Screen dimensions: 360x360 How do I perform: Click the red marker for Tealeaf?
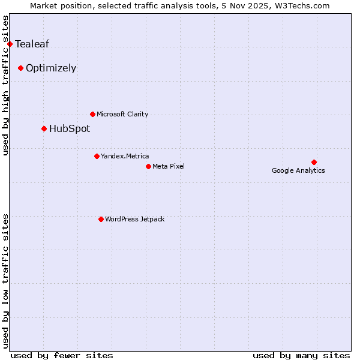pos(10,44)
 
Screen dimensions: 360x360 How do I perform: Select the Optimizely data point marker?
pos(20,68)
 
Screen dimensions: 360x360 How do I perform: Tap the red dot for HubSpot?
pos(44,128)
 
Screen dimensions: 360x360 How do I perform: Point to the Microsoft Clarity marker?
pos(92,114)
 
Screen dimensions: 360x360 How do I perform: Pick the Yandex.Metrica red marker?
pos(97,156)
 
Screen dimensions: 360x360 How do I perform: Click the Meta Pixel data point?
pos(148,166)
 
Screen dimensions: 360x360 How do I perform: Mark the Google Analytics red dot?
pos(314,162)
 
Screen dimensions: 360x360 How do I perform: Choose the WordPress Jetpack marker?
pos(101,219)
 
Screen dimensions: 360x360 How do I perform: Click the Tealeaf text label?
pos(32,44)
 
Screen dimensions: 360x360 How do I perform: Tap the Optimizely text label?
pos(51,68)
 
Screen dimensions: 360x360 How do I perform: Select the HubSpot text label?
pos(70,128)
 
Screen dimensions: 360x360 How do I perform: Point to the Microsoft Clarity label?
pos(122,114)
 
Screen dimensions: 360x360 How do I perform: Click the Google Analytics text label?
pos(298,170)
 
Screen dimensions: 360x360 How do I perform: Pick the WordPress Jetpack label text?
pos(134,219)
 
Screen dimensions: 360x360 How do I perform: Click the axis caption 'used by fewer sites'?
pos(62,355)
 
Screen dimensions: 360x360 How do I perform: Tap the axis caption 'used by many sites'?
pos(301,355)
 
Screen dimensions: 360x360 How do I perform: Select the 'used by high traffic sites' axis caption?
pos(6,86)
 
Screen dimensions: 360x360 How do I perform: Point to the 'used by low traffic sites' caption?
pos(6,280)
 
